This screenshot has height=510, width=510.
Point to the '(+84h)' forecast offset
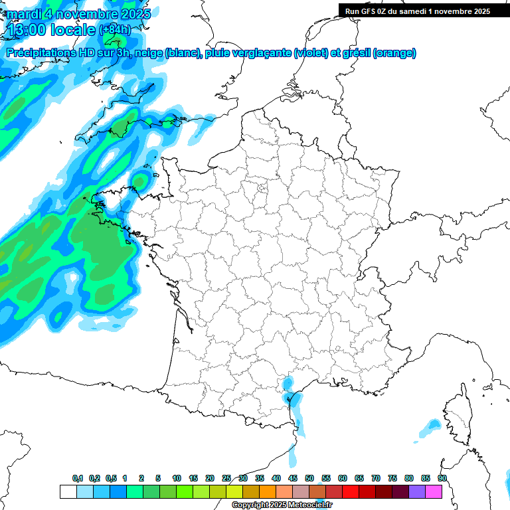point(115,30)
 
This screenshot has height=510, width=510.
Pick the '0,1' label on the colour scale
point(78,479)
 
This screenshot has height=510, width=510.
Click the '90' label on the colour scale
point(442,479)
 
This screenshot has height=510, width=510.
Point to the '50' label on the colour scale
point(309,479)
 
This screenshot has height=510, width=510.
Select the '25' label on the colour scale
point(226,479)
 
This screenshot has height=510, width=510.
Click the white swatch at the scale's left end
point(68,491)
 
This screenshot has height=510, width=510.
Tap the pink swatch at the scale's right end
point(434,491)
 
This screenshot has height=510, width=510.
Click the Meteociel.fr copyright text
point(282,505)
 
